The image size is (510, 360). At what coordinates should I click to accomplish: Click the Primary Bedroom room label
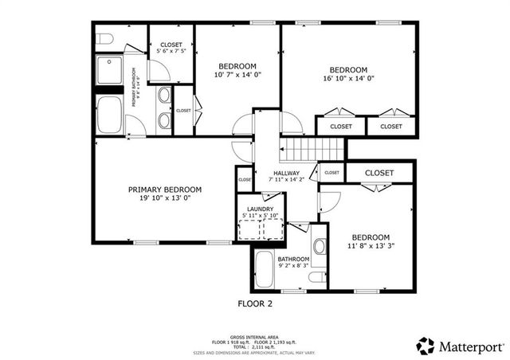click(x=165, y=190)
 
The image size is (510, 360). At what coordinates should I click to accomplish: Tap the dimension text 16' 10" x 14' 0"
click(x=348, y=78)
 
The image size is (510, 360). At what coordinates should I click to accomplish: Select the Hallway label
click(x=286, y=174)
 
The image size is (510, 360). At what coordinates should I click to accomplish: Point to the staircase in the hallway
click(x=312, y=147)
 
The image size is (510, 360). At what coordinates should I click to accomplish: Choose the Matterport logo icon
click(x=425, y=345)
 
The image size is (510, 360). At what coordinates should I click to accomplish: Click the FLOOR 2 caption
click(x=255, y=303)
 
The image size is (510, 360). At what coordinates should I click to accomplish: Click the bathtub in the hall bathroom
click(x=265, y=271)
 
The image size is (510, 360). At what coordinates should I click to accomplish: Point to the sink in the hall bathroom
click(x=320, y=246)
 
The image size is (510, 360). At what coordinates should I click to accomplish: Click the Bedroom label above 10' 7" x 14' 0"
click(x=237, y=65)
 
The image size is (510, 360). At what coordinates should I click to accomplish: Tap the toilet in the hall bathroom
click(x=316, y=276)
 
